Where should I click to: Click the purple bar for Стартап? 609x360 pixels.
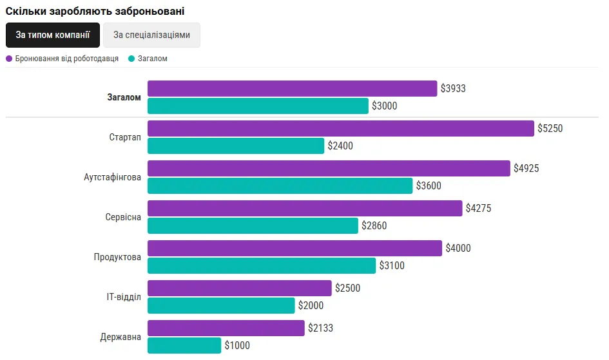[341, 128]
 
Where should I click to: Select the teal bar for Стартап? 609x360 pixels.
[236, 146]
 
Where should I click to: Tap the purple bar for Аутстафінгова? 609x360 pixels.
[329, 168]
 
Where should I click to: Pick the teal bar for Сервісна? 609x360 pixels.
[253, 225]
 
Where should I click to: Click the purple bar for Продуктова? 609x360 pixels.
[295, 248]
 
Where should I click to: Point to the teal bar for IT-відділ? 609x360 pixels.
[221, 305]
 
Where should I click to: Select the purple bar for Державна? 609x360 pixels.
[226, 328]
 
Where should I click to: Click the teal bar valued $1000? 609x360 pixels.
[184, 345]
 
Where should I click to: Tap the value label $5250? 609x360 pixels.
[550, 128]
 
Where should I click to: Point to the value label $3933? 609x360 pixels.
[453, 88]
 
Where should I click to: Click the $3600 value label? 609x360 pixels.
[429, 185]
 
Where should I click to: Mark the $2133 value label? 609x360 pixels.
[321, 328]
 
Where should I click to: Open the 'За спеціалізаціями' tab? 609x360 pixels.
[151, 35]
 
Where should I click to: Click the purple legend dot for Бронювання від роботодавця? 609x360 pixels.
[9, 59]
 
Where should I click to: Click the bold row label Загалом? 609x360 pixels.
[124, 98]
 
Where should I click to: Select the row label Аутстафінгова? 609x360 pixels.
[112, 177]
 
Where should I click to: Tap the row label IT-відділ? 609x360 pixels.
[124, 297]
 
